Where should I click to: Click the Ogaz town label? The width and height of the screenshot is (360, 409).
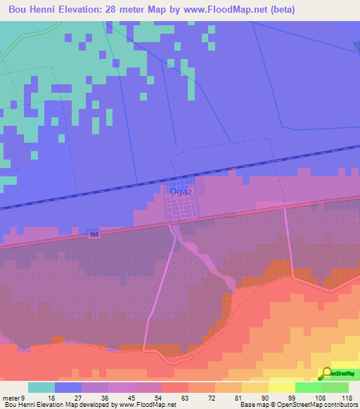(x=176, y=190)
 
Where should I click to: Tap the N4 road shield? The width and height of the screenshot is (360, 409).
(x=94, y=235)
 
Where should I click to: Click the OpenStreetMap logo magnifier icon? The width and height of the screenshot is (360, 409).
(x=327, y=375)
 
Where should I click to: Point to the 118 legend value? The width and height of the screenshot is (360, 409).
(x=346, y=398)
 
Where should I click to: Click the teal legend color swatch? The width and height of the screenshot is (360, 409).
(x=41, y=387)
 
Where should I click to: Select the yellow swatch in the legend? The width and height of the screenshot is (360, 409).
(x=281, y=387)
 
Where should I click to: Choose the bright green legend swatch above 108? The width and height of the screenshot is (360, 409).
(x=308, y=387)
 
